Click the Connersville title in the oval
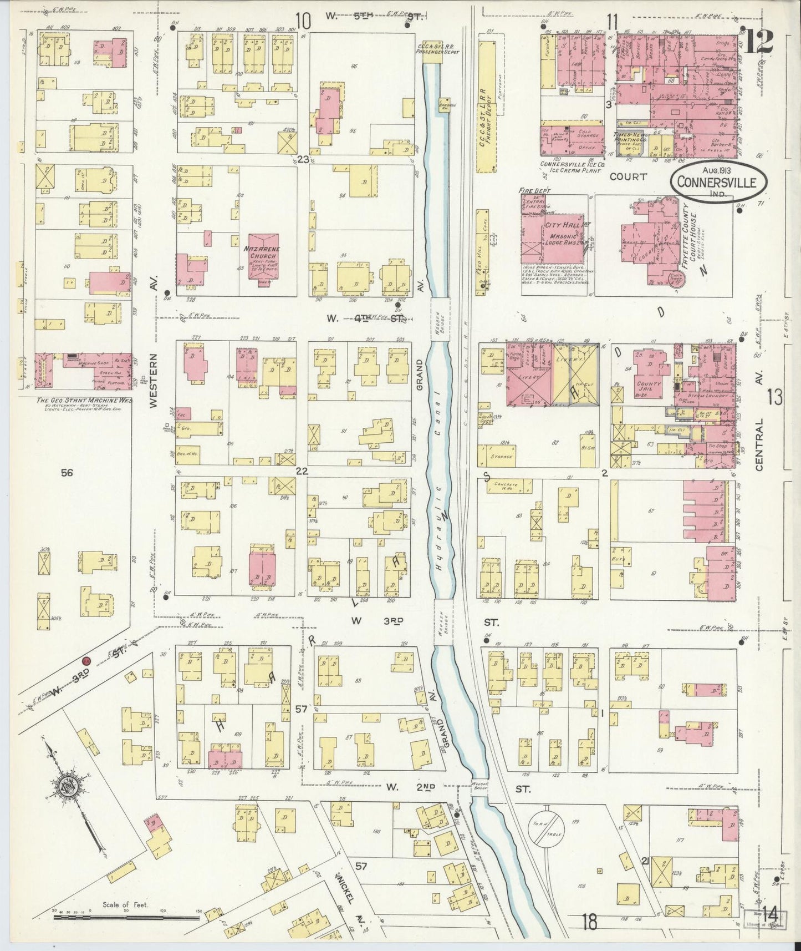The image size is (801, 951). [x=720, y=182]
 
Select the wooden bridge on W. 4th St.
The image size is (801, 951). [x=440, y=319]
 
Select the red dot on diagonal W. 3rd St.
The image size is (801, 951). [x=86, y=661]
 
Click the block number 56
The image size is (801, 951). [x=68, y=473]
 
